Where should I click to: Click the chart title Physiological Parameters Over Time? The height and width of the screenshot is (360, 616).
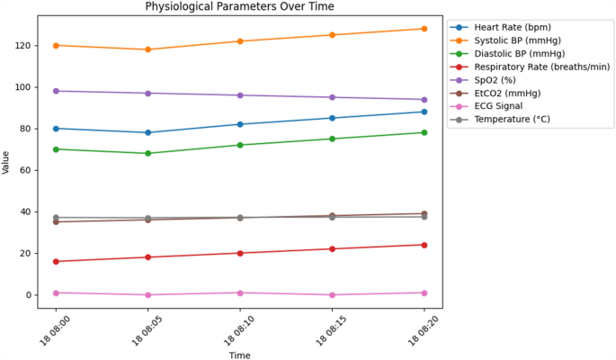[x=240, y=7]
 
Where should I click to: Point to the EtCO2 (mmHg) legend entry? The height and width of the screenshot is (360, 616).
[x=509, y=92]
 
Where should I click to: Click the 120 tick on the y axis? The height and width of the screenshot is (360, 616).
[x=23, y=46]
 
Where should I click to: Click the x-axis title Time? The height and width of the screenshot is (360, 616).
[x=239, y=355]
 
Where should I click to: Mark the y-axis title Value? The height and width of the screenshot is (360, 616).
[x=7, y=161]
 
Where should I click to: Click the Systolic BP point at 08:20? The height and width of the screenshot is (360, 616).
[x=424, y=29]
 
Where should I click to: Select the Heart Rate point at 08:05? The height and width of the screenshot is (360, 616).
[x=148, y=132]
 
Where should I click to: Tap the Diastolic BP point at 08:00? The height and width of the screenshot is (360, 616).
[x=56, y=149]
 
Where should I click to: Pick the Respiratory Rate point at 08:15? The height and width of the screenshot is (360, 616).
[x=333, y=249]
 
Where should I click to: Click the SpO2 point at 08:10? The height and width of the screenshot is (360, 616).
[x=240, y=95]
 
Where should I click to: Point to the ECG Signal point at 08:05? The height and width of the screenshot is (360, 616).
[x=148, y=295]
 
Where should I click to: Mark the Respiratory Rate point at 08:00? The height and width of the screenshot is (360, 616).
[x=56, y=262]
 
